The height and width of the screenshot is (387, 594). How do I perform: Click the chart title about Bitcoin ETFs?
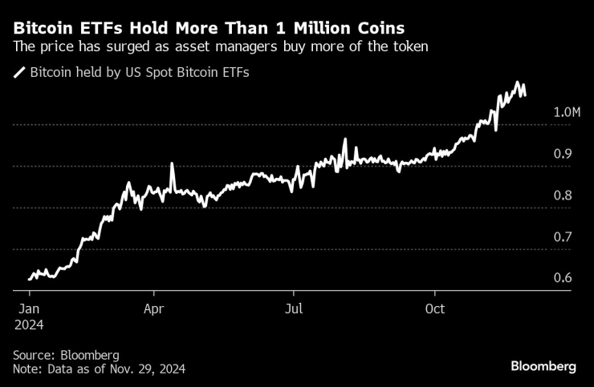pyautogui.click(x=214, y=27)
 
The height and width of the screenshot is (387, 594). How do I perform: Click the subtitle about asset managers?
pyautogui.click(x=221, y=47)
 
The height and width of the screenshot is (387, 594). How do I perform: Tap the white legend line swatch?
pyautogui.click(x=19, y=73)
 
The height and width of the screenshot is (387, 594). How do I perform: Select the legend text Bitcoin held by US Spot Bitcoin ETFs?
pyautogui.click(x=140, y=73)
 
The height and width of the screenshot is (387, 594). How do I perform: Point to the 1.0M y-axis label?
pyautogui.click(x=567, y=112)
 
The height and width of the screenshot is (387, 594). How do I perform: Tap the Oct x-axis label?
pyautogui.click(x=435, y=308)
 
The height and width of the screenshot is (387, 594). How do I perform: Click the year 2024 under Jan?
pyautogui.click(x=28, y=325)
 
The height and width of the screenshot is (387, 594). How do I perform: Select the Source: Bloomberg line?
pyautogui.click(x=66, y=355)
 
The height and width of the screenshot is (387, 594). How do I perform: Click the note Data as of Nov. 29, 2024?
pyautogui.click(x=99, y=369)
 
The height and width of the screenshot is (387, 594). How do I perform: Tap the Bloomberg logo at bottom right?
pyautogui.click(x=543, y=366)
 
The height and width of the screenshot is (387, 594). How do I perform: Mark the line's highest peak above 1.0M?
pyautogui.click(x=519, y=83)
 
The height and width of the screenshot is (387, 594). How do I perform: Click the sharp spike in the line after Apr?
pyautogui.click(x=172, y=164)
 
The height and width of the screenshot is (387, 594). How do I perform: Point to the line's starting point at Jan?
pyautogui.click(x=29, y=279)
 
